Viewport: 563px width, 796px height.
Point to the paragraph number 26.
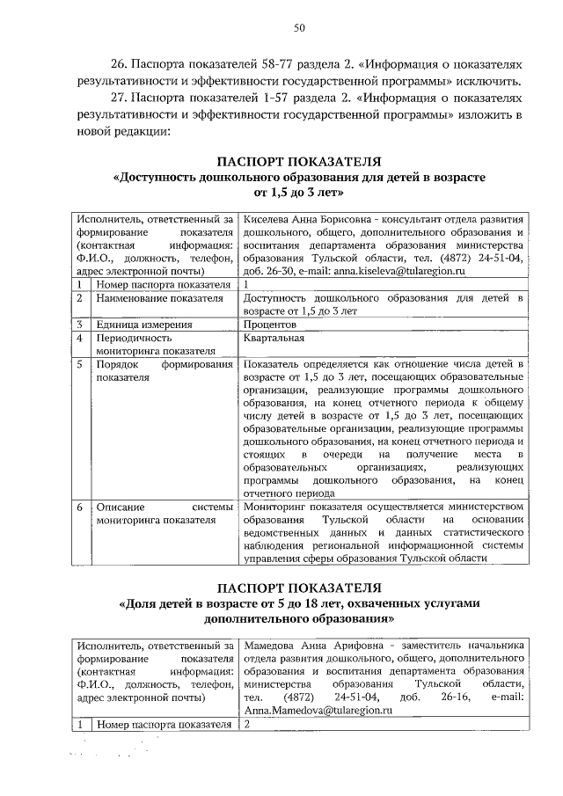tap(119, 64)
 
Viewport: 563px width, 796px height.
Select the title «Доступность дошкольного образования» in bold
tap(299, 177)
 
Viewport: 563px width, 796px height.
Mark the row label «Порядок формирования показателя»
tap(164, 370)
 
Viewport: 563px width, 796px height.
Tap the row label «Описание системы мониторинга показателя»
tap(164, 514)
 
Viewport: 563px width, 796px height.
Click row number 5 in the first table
tap(79, 363)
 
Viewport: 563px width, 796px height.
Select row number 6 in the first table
tap(79, 508)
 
